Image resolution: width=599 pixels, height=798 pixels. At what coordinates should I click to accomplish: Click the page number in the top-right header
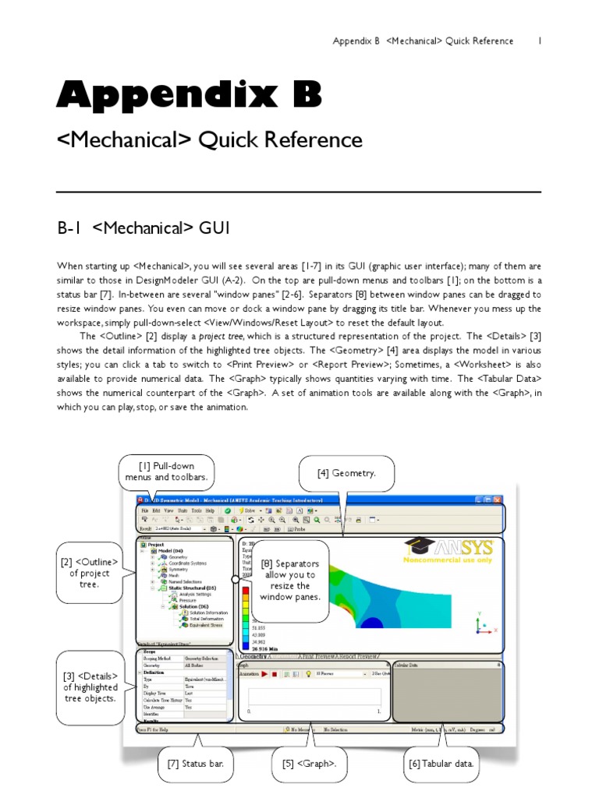539,41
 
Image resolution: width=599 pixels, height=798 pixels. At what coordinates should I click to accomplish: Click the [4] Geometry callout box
346,473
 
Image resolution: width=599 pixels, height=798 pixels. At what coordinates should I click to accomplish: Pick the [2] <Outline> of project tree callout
89,573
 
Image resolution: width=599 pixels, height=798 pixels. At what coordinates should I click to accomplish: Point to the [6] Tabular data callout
441,764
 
